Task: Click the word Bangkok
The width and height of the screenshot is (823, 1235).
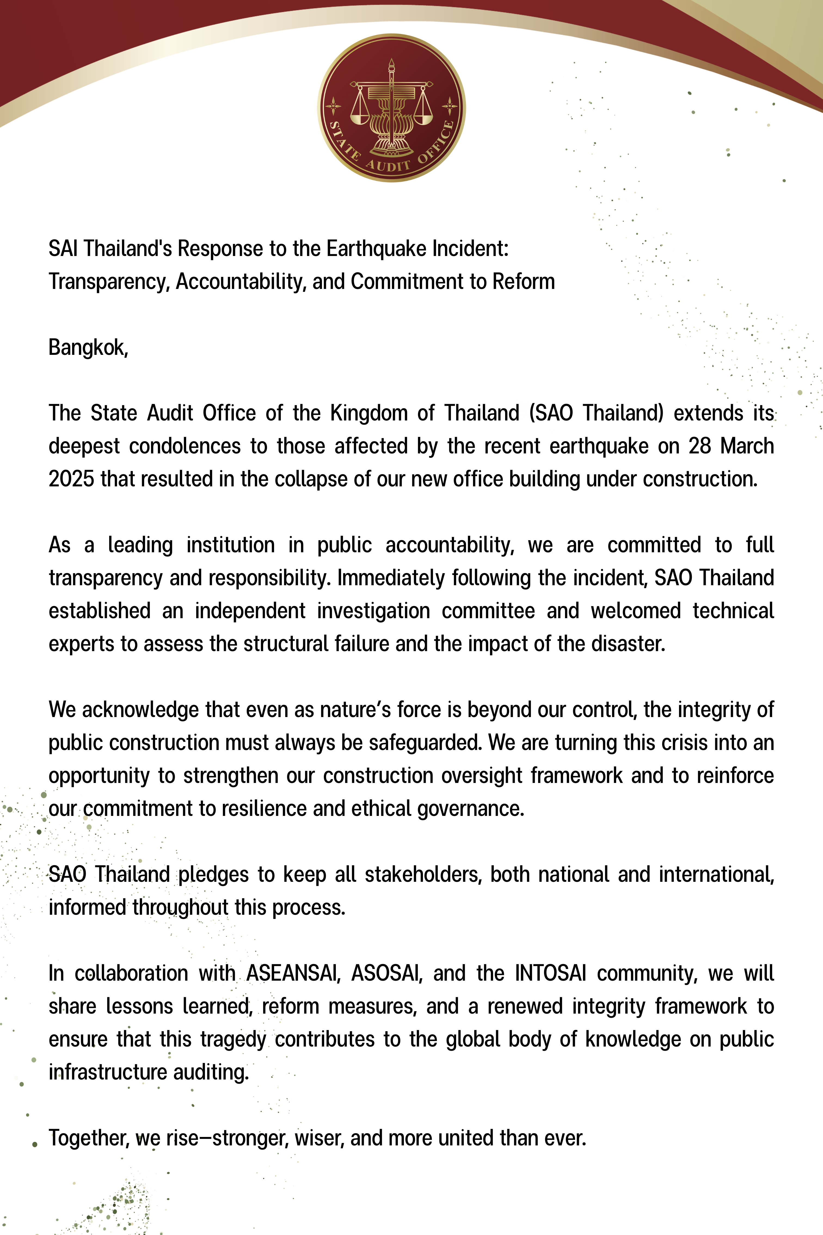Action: click(88, 347)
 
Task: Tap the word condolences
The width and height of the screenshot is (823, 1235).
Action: click(185, 446)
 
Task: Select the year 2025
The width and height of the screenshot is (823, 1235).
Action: click(71, 479)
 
